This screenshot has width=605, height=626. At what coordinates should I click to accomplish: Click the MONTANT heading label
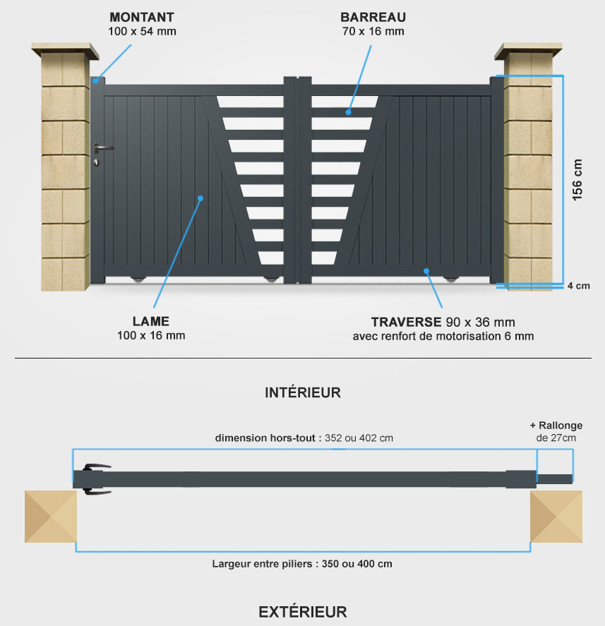pos(142,17)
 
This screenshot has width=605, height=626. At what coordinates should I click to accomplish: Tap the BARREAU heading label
pos(373,17)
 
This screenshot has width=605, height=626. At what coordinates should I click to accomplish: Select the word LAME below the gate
pos(151,321)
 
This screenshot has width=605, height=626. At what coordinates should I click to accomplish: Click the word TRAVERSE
pos(406,323)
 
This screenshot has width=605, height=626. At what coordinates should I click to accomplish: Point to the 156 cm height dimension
pos(577,180)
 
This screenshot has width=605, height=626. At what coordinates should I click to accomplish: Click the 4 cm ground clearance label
pos(579,286)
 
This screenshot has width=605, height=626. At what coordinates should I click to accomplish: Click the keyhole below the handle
pos(96,162)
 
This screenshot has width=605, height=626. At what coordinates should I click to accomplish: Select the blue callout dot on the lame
pos(200,198)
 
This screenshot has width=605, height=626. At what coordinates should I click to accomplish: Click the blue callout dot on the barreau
pos(348,112)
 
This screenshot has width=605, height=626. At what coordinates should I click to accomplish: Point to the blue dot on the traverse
pos(426,271)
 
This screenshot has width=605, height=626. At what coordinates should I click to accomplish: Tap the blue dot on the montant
pos(96,81)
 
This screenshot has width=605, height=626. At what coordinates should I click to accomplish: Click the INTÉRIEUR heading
pos(303,393)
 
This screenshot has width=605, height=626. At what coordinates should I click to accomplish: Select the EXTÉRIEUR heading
pos(303,612)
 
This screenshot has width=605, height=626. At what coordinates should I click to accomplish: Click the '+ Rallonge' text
pos(556,426)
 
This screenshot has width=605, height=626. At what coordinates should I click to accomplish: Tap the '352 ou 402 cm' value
pos(359,438)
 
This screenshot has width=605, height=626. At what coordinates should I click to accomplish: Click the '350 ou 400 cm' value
pos(357,564)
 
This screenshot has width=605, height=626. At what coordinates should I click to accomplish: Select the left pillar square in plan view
pos(51,517)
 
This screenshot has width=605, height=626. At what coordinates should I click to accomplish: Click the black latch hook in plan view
pos(96,479)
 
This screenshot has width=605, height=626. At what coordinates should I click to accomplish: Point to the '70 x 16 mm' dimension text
pos(373,31)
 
